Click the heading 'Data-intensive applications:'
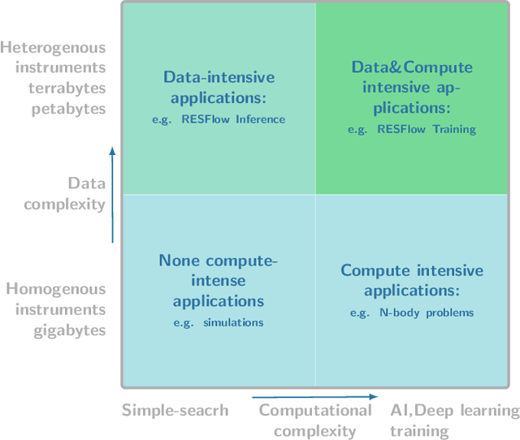pos(219,88)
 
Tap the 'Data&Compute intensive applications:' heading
pos(412,87)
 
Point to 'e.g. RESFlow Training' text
pos(412,129)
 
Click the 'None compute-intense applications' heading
pos(218,281)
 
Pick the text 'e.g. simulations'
pos(218,322)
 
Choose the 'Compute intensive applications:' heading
pos(412,281)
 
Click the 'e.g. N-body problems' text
pos(412,313)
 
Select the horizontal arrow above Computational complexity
pos(315,397)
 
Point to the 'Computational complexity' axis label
pos(315,421)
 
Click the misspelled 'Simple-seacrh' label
pos(175,411)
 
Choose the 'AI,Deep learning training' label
pos(453,421)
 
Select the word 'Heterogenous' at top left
pos(54,47)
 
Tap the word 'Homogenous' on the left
pos(56,289)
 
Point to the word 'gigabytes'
pos(70,330)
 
